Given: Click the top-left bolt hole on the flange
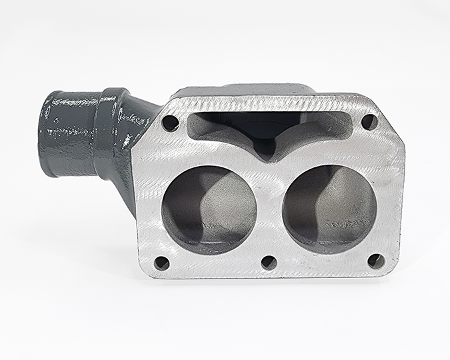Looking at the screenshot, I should pos(170,123).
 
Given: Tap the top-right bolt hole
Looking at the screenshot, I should pos(369,121).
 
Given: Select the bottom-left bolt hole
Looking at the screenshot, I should pos(162,263).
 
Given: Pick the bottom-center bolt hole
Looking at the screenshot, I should pos(269,263).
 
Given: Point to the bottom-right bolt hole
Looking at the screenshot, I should pos(377,261).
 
